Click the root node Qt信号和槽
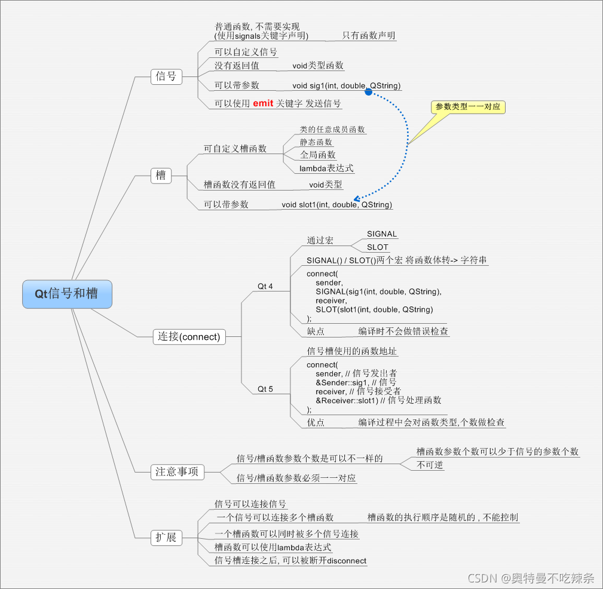tap(67, 294)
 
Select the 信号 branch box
tap(166, 76)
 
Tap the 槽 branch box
tap(161, 176)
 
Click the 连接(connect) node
tap(189, 336)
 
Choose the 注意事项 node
tap(177, 472)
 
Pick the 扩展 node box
tap(166, 538)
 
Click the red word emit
tap(263, 103)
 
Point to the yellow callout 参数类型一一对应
tap(468, 108)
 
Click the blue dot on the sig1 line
tap(369, 92)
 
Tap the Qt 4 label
tap(265, 287)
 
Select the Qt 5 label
tap(265, 389)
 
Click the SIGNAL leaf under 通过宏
tap(382, 234)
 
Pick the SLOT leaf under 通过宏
tap(378, 247)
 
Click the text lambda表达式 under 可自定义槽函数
tap(326, 168)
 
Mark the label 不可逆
tap(430, 465)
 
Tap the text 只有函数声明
tap(369, 36)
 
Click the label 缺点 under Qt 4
tap(316, 331)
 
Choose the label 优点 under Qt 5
tap(316, 422)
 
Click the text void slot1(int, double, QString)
tap(337, 205)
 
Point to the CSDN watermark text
tap(531, 578)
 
